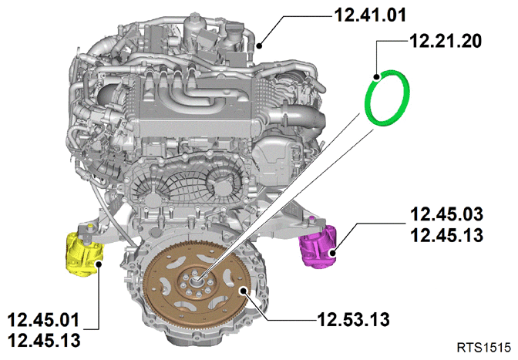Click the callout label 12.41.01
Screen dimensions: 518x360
click(370, 15)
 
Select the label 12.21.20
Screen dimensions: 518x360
click(446, 42)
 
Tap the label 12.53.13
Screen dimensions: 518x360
click(353, 319)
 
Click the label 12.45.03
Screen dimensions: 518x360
click(446, 214)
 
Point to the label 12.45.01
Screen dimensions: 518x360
click(44, 320)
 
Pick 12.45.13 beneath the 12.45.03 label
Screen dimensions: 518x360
click(446, 235)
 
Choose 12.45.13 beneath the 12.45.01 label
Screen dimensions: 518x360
click(44, 340)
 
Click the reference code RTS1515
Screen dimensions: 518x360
click(484, 348)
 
